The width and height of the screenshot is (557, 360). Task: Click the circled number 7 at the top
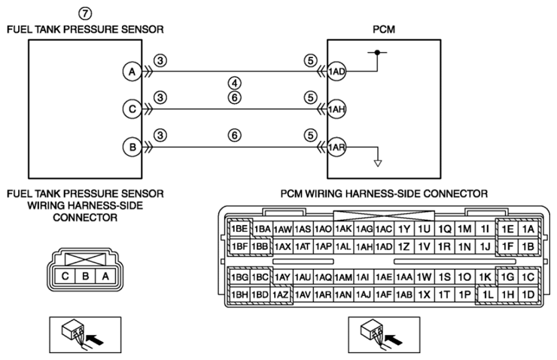tap(85, 14)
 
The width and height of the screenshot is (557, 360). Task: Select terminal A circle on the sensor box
tap(132, 72)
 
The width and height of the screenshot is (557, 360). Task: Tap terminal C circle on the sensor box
tap(132, 108)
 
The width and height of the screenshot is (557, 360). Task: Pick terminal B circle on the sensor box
tap(132, 147)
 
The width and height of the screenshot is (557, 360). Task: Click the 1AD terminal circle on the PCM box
tap(336, 72)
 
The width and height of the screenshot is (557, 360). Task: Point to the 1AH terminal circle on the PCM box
tap(336, 109)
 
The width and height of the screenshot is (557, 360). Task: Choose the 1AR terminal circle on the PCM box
tap(336, 147)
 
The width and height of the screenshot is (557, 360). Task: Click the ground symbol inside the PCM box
tap(378, 163)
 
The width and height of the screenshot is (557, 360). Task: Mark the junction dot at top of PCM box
tap(377, 52)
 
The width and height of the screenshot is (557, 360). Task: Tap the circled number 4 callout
tap(234, 83)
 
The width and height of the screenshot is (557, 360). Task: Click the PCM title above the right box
tap(384, 29)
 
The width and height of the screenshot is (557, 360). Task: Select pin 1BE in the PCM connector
tap(239, 228)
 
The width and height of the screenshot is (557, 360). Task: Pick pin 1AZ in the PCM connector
tap(281, 294)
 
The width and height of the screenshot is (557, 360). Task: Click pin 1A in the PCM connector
tap(528, 229)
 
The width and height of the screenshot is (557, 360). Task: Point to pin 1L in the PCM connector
tap(487, 294)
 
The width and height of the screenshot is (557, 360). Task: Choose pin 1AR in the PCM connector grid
tap(323, 294)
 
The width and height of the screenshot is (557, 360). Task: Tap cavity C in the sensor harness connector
tap(65, 276)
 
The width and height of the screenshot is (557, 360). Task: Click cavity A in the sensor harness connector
tap(105, 276)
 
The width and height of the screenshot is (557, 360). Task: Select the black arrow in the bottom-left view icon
tap(95, 340)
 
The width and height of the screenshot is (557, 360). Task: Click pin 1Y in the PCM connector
tap(404, 229)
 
